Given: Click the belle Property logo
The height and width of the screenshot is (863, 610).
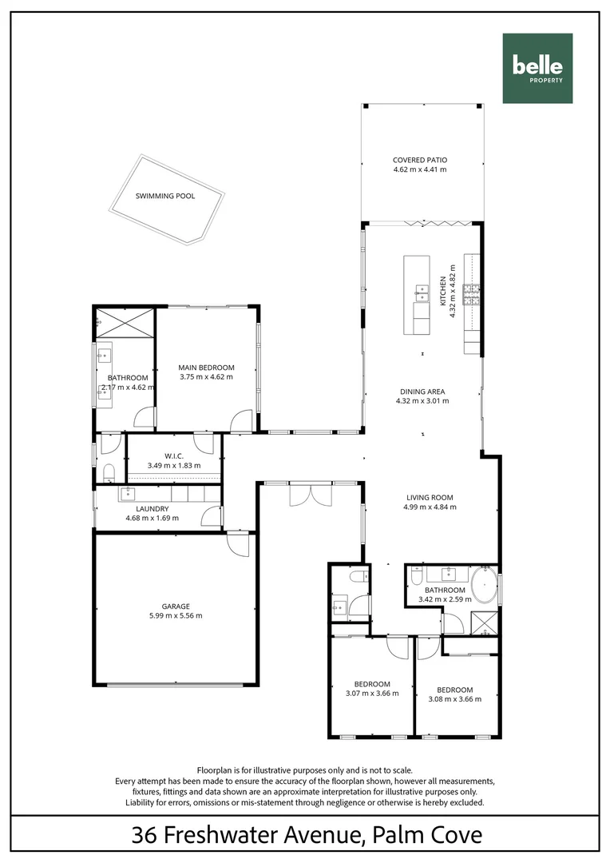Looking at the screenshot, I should pos(537,69).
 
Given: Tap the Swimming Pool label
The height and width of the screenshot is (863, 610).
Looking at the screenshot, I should pos(165,196).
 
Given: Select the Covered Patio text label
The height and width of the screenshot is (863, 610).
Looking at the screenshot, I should pos(419,160).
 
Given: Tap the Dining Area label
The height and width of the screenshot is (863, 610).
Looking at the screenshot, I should pos(422,392).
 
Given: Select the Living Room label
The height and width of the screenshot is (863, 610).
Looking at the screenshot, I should pos(429,497).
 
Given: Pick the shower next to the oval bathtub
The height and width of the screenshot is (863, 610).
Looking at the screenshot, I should pos(484,622).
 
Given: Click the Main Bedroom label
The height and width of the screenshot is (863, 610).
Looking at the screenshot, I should pos(206,368).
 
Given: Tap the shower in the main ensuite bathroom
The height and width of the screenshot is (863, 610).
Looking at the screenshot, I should pos(125,324).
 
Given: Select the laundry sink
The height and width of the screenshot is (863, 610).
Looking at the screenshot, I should pos(127,493).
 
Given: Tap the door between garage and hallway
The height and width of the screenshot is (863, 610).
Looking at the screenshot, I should pos(237,543).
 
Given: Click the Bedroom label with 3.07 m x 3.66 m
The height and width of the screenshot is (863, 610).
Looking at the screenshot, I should pos(372,684).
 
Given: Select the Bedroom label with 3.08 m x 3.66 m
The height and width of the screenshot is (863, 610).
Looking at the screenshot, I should pos(454,690).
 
